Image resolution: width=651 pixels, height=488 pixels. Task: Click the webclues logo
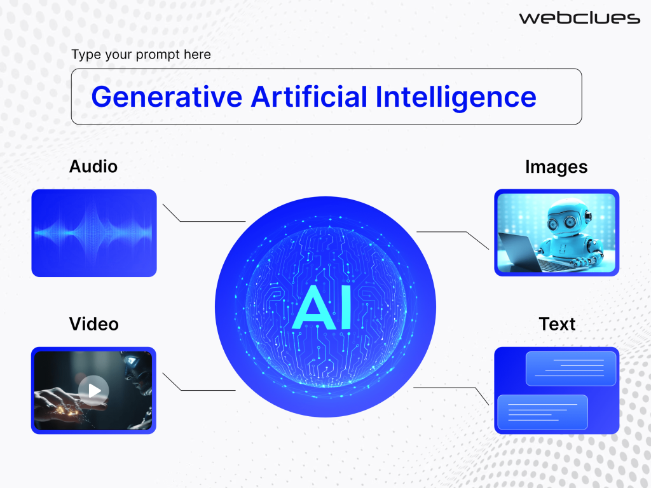[579, 18]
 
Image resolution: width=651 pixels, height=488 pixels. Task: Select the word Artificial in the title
[309, 97]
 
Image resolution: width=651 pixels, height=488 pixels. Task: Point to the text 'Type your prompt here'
[141, 55]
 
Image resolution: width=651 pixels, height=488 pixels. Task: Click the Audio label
[93, 166]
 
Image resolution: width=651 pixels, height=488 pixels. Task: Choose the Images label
[556, 166]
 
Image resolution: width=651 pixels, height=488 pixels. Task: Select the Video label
[94, 324]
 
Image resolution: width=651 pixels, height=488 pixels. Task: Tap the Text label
[557, 324]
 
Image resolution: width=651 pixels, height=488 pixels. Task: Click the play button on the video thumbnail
[93, 390]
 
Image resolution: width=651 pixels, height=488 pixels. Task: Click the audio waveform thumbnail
[94, 233]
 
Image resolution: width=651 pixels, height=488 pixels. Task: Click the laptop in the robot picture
[518, 252]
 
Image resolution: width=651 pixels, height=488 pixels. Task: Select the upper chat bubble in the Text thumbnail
[571, 369]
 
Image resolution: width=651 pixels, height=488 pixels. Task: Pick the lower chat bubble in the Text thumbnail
[542, 410]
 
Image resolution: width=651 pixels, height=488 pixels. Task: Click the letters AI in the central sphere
[325, 309]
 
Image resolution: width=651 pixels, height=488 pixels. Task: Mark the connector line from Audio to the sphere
[203, 220]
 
